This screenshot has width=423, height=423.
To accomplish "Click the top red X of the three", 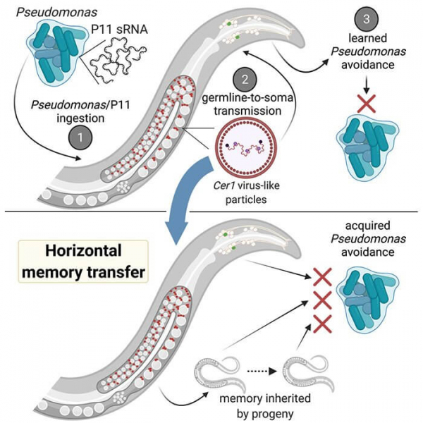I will coord(324,276).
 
